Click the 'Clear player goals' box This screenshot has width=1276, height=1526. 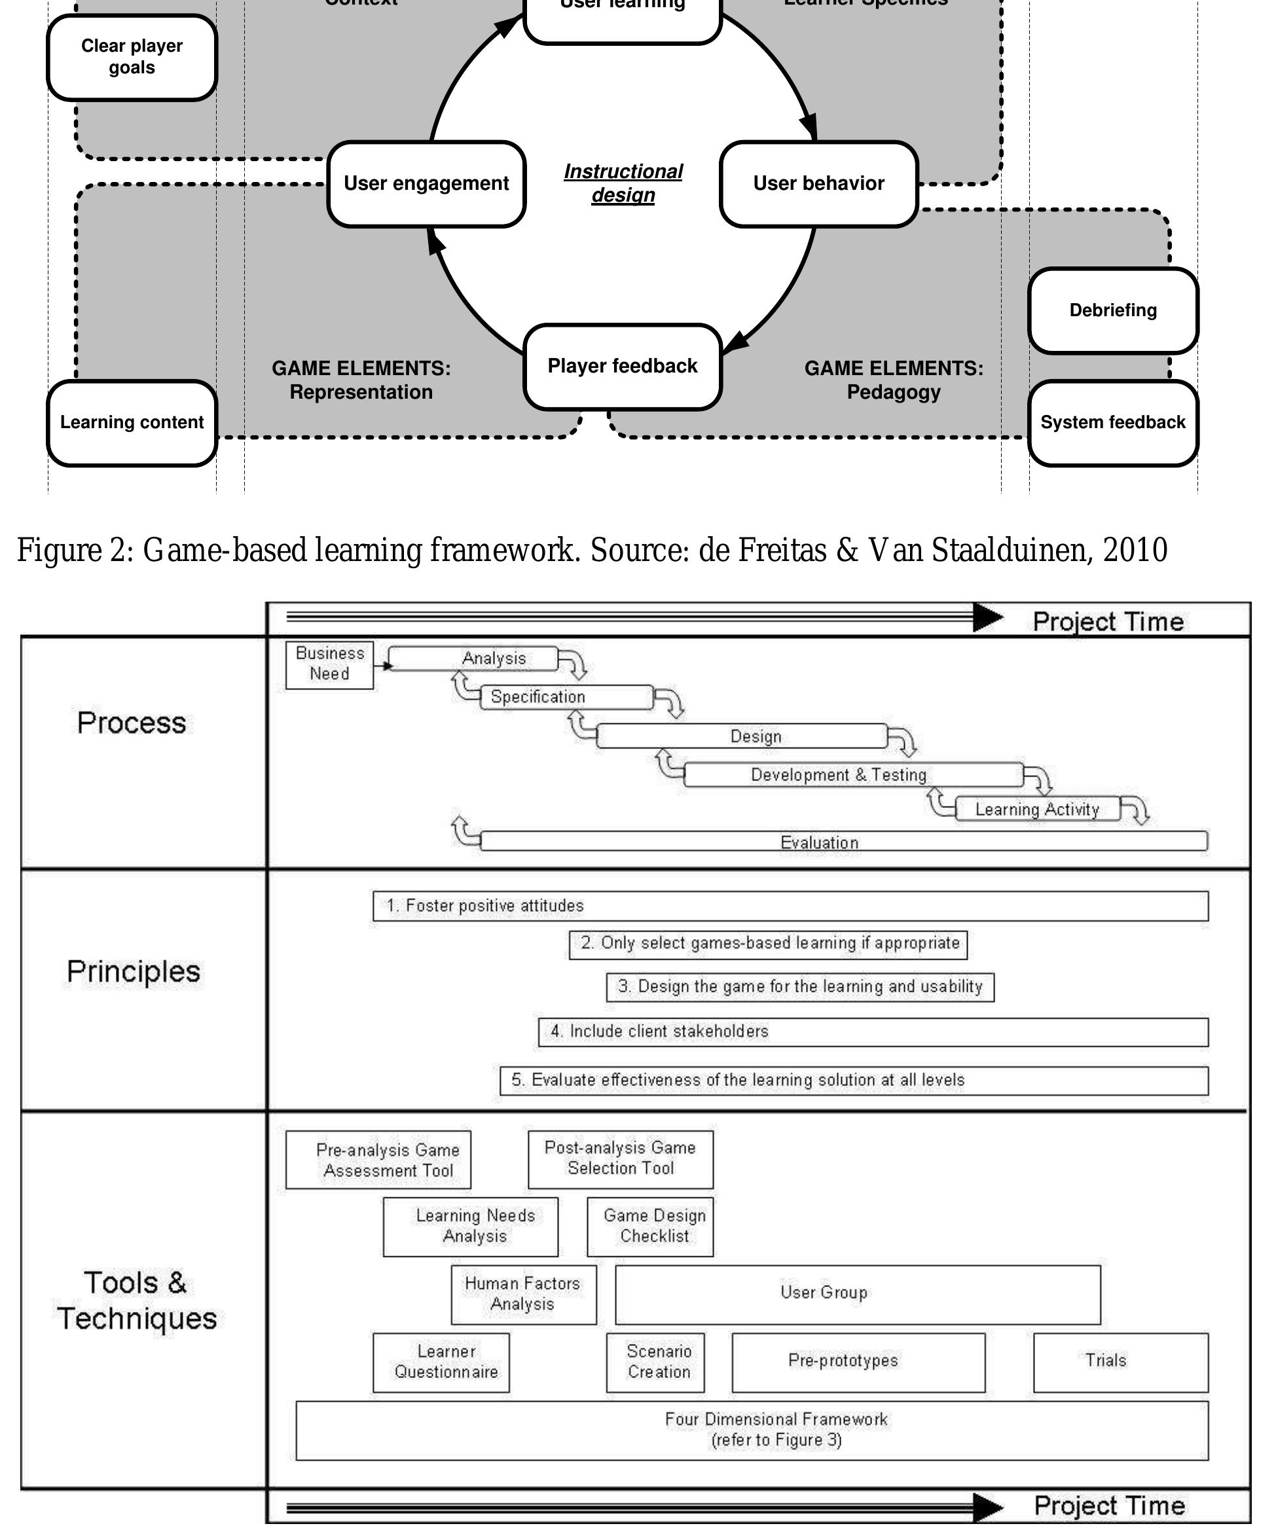132,57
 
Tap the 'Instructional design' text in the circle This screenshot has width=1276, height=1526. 623,183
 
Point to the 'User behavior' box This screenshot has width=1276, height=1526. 818,184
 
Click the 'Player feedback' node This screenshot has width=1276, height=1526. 622,366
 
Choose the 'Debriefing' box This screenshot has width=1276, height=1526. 1112,310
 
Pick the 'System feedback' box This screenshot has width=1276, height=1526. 1112,422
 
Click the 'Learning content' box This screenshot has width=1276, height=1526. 132,422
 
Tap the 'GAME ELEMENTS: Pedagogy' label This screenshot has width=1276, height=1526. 893,380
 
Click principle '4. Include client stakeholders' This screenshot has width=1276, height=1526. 872,1032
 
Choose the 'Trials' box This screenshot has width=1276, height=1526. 1120,1362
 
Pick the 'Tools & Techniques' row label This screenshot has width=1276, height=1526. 137,1300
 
